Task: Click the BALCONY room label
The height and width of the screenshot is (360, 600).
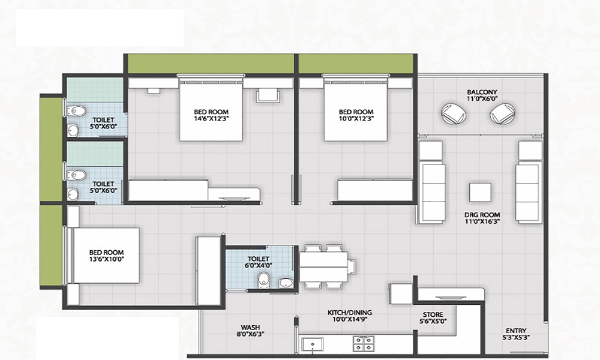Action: click(x=482, y=92)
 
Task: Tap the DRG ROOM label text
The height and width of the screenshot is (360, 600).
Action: click(x=482, y=215)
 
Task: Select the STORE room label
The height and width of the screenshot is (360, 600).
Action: click(x=433, y=315)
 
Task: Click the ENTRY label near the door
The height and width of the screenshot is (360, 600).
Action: click(x=516, y=331)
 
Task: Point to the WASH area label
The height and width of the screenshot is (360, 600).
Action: click(x=250, y=328)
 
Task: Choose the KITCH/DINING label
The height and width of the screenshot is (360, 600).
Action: click(x=350, y=313)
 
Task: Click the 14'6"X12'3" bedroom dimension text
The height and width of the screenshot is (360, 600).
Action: click(x=211, y=118)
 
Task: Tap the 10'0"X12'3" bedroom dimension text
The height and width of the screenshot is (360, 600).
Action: click(x=356, y=118)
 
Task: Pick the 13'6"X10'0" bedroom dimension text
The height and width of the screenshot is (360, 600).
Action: click(x=106, y=259)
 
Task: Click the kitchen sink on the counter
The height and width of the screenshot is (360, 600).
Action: click(x=312, y=344)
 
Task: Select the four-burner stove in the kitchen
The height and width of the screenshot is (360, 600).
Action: click(x=363, y=344)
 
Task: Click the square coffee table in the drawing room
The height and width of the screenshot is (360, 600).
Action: click(x=480, y=193)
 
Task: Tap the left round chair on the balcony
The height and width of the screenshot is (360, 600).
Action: click(x=454, y=113)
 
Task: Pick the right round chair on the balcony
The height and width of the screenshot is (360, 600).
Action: click(x=503, y=113)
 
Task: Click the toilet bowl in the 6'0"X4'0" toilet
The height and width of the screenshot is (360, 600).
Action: click(x=264, y=279)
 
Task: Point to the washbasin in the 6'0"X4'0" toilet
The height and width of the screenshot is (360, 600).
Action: click(x=284, y=283)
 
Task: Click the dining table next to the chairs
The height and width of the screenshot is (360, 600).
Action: click(x=323, y=266)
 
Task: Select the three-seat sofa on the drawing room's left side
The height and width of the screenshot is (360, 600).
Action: click(x=432, y=193)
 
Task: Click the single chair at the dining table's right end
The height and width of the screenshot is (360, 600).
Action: click(x=352, y=266)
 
